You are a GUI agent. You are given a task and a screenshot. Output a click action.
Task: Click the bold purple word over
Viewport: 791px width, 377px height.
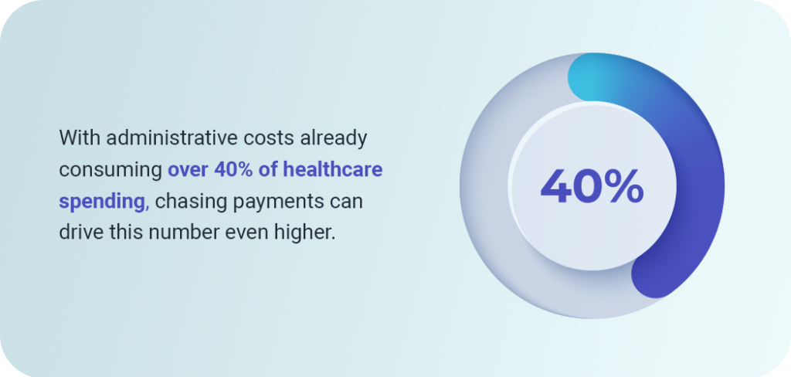[188, 170]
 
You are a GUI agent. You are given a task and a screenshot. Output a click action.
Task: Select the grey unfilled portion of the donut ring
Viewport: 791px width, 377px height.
[484, 202]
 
